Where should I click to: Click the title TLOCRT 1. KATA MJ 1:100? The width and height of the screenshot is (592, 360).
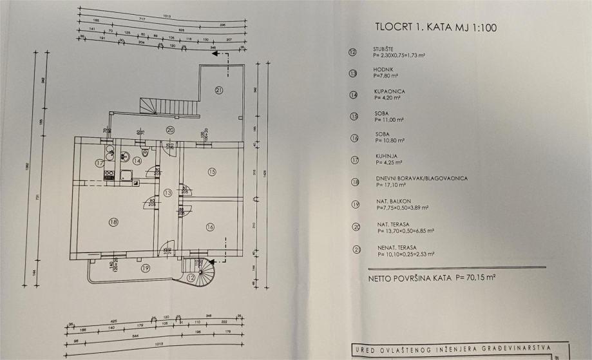click(x=435, y=28)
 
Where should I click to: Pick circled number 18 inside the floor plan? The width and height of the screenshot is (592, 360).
click(x=113, y=222)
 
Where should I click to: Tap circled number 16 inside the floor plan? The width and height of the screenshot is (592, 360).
click(x=210, y=226)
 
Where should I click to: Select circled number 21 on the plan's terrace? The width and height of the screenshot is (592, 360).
click(x=219, y=90)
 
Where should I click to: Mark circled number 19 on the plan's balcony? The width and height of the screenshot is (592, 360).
click(x=146, y=268)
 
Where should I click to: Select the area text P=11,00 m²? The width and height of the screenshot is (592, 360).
click(x=388, y=120)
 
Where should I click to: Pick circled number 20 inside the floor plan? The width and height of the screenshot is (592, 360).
click(x=169, y=129)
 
